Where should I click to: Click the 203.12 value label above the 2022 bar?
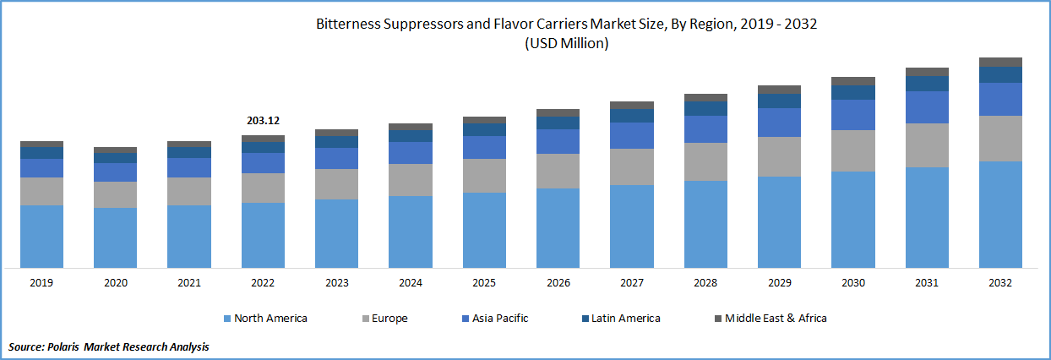pos(263,121)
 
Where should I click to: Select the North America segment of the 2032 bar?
pos(1000,215)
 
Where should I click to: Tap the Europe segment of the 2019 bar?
pos(42,191)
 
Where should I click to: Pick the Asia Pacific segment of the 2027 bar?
pos(632,135)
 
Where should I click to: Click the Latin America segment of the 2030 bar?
pos(853,93)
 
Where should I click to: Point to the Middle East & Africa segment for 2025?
pos(485,120)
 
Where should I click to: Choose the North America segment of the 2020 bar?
pos(116,237)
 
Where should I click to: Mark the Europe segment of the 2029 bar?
pos(779,156)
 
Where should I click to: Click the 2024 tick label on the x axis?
pos(410,283)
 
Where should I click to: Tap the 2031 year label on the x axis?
pos(927,283)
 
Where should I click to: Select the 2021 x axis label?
pos(189,283)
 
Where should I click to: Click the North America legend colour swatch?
pos(226,319)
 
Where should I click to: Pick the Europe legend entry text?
pos(389,319)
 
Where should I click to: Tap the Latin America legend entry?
pos(626,319)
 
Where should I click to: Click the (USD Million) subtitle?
pos(566,44)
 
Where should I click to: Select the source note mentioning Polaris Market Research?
pos(108,346)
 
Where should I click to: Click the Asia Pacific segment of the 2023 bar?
pos(337,158)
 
